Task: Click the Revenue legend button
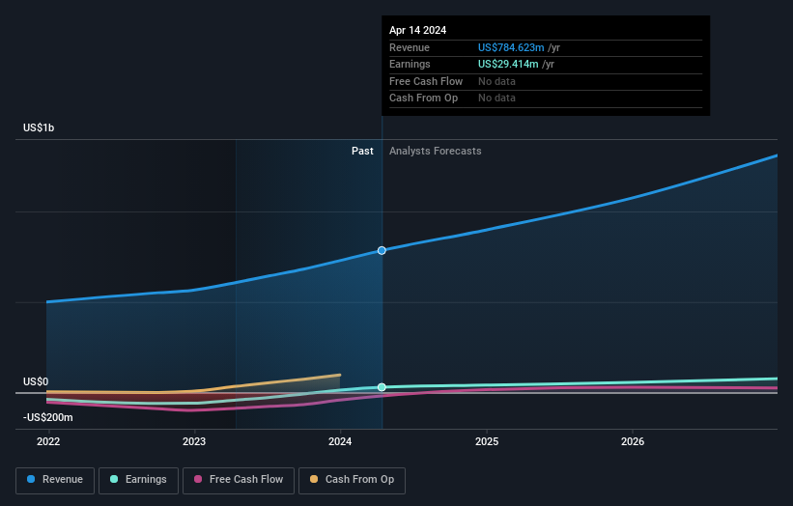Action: click(55, 480)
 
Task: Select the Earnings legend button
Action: click(137, 480)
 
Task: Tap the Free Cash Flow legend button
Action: click(238, 480)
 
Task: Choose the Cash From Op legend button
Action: click(353, 480)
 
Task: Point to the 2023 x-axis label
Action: click(194, 442)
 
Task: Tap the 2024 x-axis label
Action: click(340, 442)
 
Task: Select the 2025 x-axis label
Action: click(487, 442)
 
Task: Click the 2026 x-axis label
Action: click(633, 442)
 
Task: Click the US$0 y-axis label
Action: click(37, 382)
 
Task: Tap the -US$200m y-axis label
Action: click(48, 417)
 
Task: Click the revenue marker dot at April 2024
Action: click(382, 250)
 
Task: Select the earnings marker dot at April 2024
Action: click(382, 387)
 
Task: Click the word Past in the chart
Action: click(362, 151)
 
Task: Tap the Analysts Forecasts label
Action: click(435, 151)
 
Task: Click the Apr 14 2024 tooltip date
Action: click(418, 31)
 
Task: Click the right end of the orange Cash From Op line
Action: click(340, 375)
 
